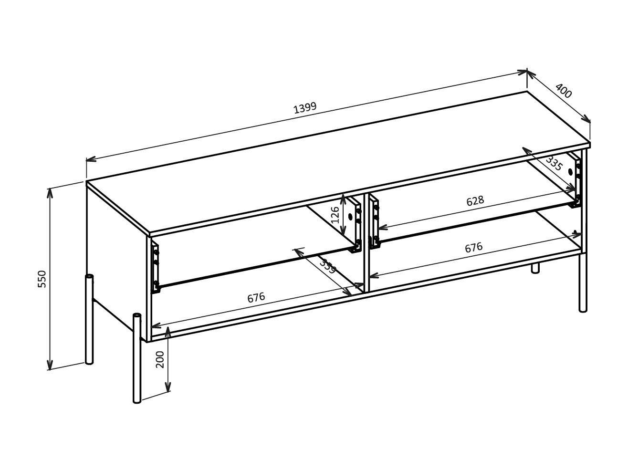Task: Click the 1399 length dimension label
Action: pyautogui.click(x=304, y=108)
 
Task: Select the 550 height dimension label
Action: pyautogui.click(x=42, y=279)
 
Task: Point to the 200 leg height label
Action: pyautogui.click(x=160, y=359)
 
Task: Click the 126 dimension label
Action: pyautogui.click(x=335, y=215)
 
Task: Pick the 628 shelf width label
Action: pyautogui.click(x=475, y=201)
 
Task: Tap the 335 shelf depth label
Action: pyautogui.click(x=555, y=164)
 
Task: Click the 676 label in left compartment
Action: pyautogui.click(x=256, y=298)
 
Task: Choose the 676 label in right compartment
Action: pyautogui.click(x=473, y=248)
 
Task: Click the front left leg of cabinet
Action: pyautogui.click(x=137, y=358)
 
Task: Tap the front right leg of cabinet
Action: pyautogui.click(x=583, y=282)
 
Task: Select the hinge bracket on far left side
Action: pyautogui.click(x=155, y=267)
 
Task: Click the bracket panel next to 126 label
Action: pyautogui.click(x=354, y=224)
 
